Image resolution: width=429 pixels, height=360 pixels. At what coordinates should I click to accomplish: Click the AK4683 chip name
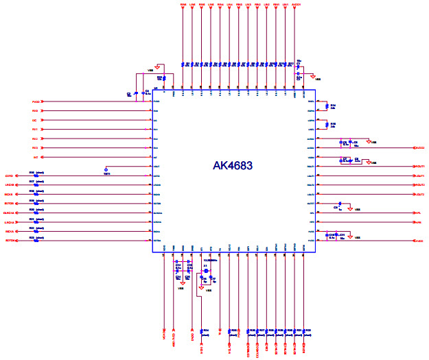(233, 166)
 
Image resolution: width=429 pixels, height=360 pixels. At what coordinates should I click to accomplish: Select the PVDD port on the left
(37, 101)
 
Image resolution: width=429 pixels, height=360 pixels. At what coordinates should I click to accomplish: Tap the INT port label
(35, 157)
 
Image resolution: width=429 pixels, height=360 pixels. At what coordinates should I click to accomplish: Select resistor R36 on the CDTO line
(36, 176)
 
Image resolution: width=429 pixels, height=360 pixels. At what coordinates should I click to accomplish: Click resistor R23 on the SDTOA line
(36, 241)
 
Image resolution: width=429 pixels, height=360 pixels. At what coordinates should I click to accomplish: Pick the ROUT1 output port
(419, 167)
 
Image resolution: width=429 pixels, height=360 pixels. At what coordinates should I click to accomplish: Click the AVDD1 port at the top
(296, 5)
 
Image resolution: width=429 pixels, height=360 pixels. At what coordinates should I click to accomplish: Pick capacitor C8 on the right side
(356, 143)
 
